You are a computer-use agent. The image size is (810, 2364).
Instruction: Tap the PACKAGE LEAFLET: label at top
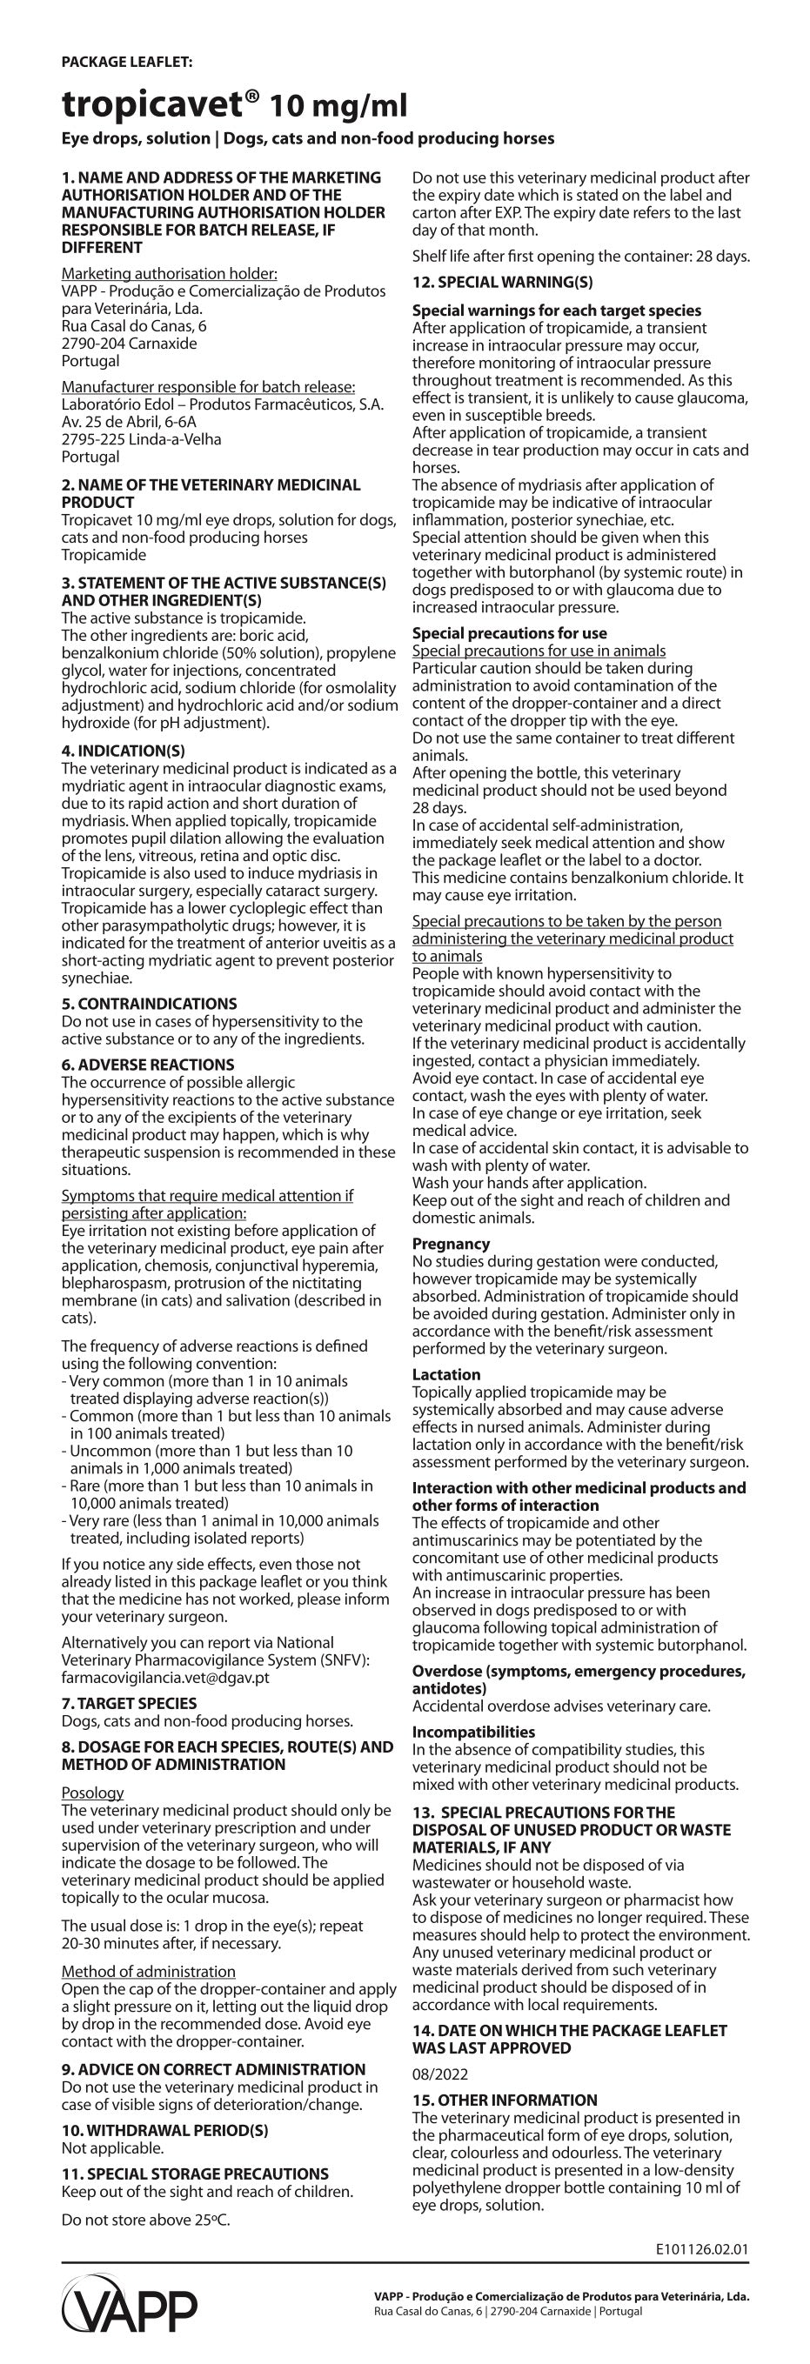coord(127,63)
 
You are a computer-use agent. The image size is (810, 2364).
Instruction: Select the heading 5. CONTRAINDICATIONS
coord(149,1004)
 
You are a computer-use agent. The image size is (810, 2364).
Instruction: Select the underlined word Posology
coord(93,1793)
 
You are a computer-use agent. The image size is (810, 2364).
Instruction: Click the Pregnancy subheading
coord(451,1244)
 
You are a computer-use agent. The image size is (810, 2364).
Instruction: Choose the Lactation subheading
coord(446,1375)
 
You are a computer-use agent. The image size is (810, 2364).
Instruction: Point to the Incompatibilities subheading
coord(473,1732)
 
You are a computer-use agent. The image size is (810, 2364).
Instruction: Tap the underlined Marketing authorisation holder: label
coord(170,273)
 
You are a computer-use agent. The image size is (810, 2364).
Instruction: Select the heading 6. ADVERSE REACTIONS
coord(148,1065)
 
